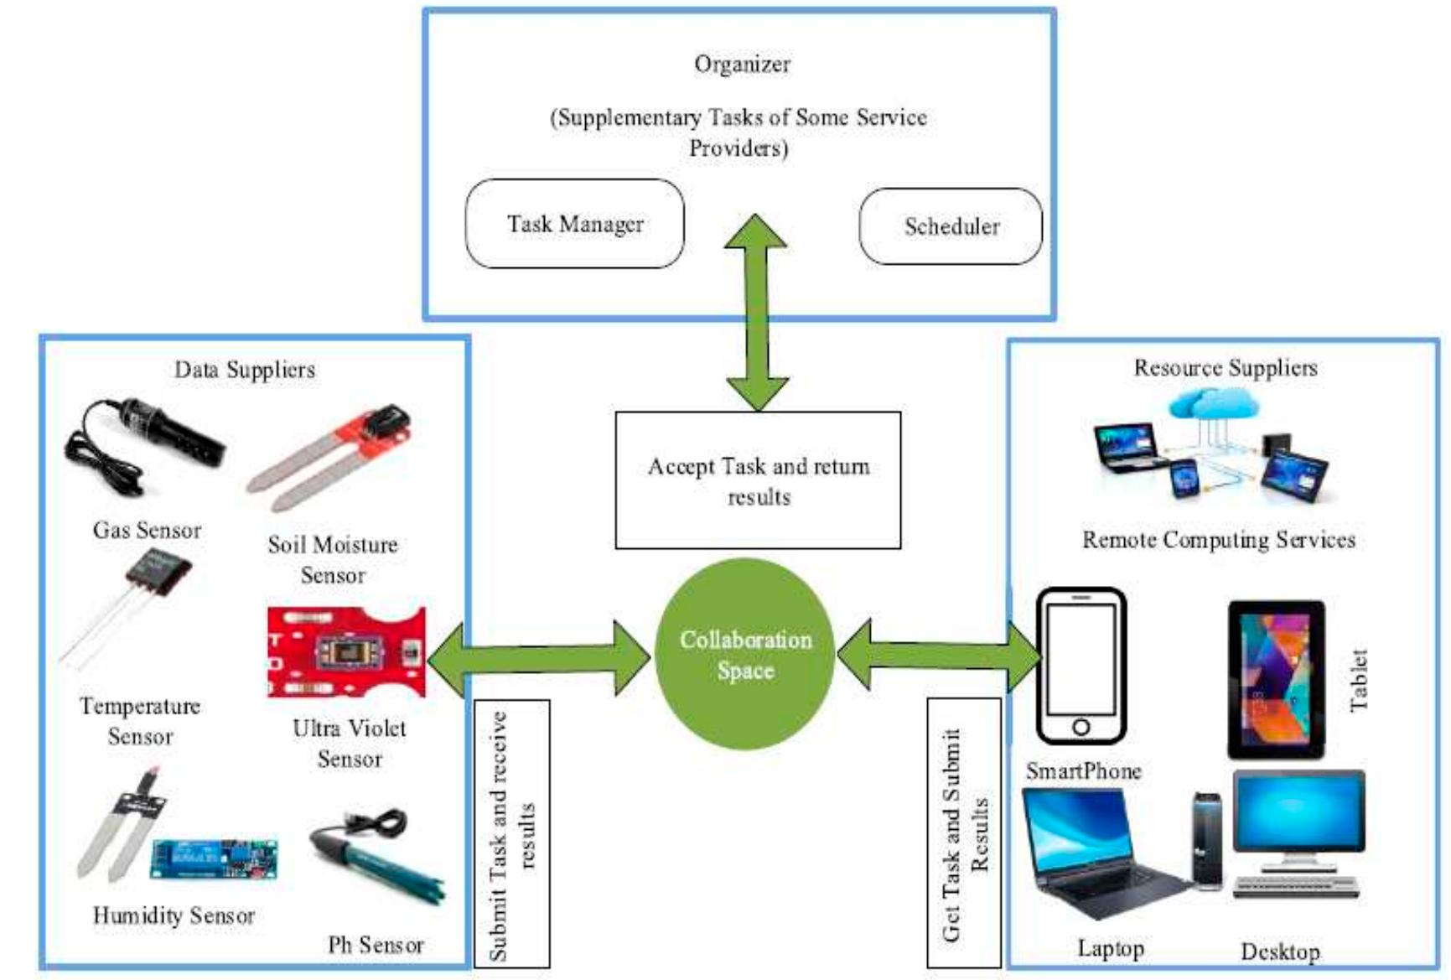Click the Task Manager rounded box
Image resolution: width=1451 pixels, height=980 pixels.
pos(575,224)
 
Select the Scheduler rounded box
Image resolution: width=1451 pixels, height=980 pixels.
pos(951,226)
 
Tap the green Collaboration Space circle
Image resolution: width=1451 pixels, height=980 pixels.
pos(745,655)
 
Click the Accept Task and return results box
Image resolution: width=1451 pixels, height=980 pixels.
pos(758,480)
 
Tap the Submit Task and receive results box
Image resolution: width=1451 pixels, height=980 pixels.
pos(511,834)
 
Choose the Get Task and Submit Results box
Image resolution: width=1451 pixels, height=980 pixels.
pos(964,833)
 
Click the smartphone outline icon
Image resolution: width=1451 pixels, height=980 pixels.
pos(1080,666)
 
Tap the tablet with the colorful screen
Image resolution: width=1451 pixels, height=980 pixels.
pos(1276,679)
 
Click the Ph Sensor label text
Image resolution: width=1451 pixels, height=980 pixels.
pos(376,945)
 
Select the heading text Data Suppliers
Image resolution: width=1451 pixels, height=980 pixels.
pos(245,370)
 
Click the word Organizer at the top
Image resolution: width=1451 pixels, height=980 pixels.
pos(742,64)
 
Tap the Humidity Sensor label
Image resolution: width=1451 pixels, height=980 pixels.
pos(174,915)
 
